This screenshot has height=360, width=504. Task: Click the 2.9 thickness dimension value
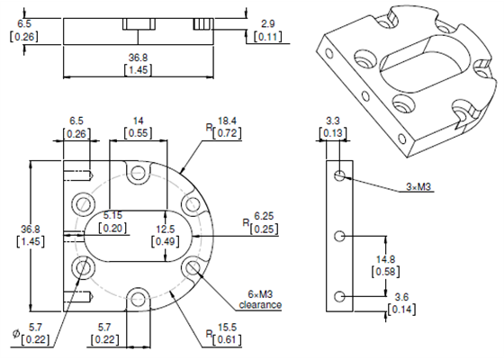coord(267,22)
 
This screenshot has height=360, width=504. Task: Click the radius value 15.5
coord(226,327)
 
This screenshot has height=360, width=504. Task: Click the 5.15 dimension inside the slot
coord(112,216)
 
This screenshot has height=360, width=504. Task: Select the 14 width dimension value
coord(138,120)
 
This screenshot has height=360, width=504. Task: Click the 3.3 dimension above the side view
coord(332,121)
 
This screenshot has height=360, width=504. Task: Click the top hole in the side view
coord(338,175)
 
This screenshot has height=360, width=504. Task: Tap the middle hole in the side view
coord(338,236)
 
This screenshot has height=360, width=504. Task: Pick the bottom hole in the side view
coord(338,296)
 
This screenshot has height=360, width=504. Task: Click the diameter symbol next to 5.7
coord(16,334)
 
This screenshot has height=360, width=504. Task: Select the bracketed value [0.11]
coord(267,36)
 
